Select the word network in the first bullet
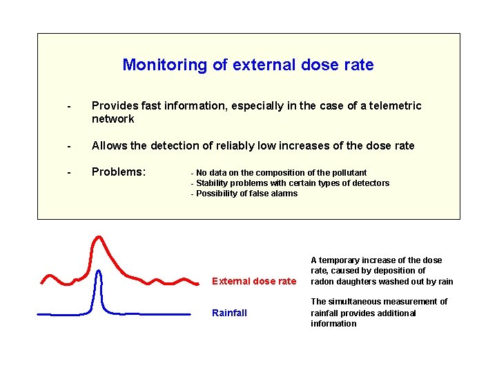(x=113, y=118)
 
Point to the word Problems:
(x=119, y=172)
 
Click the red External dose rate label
(x=253, y=281)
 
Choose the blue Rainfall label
(x=229, y=313)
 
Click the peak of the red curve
(x=99, y=238)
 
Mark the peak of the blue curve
(x=99, y=271)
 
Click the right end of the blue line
(x=189, y=314)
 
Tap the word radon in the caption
(x=322, y=281)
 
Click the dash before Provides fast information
(x=68, y=106)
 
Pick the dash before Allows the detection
(x=68, y=146)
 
